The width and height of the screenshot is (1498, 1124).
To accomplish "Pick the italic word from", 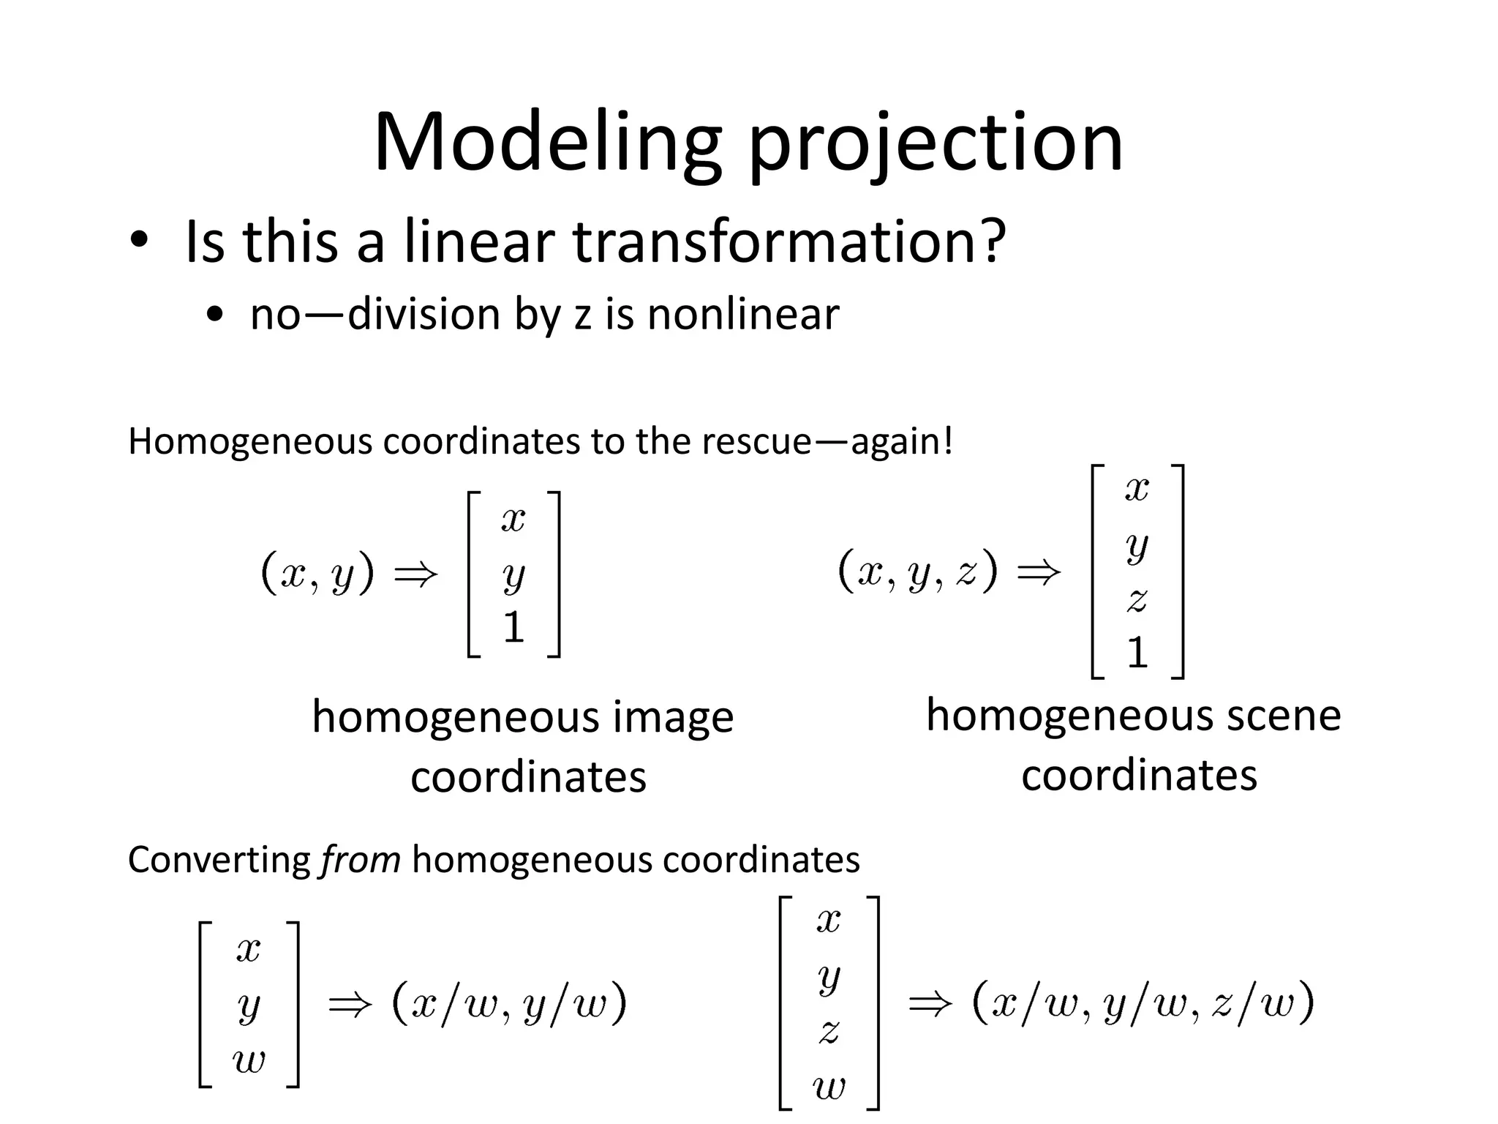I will point(361,860).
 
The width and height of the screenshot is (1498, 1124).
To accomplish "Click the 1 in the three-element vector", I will point(513,628).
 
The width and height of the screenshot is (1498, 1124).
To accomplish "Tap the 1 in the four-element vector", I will point(1137,652).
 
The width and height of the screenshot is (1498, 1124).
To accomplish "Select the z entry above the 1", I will point(1137,600).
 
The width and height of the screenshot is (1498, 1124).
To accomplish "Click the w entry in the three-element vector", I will point(249,1060).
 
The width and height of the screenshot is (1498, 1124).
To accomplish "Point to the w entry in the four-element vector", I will point(829,1087).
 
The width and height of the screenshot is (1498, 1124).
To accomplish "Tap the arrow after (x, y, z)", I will point(1039,572).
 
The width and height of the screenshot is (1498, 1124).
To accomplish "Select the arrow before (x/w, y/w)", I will point(350,1003).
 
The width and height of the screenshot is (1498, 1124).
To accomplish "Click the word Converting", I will point(219,860).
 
